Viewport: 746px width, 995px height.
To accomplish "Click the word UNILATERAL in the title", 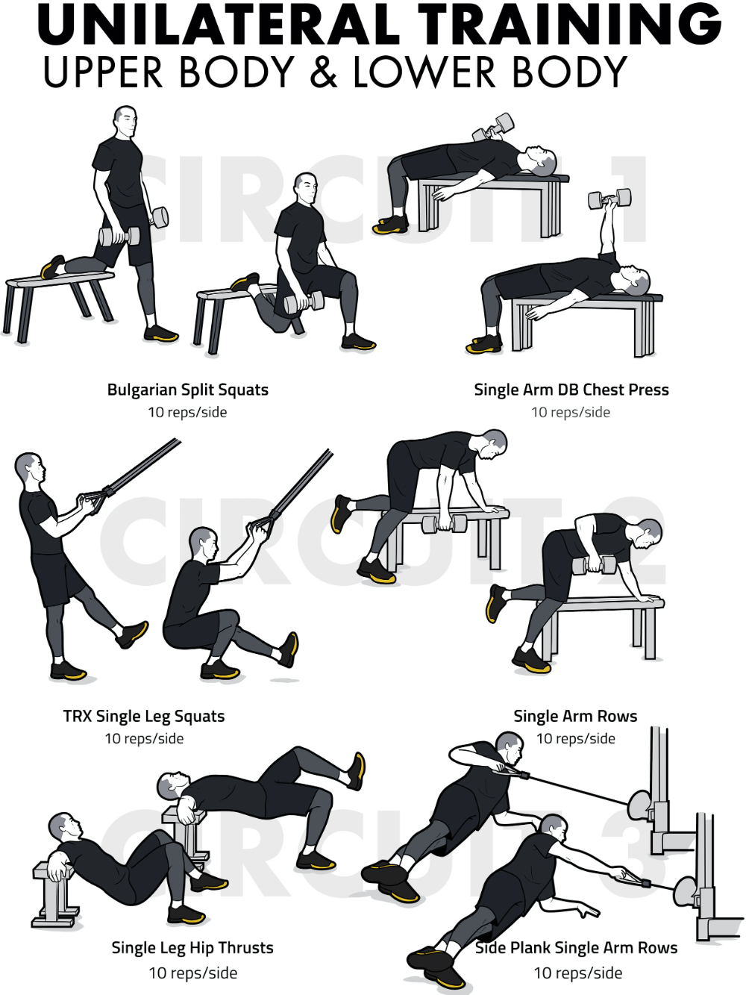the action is point(219,24).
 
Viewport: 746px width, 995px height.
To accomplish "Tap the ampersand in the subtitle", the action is point(324,72).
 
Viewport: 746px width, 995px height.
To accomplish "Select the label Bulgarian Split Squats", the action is point(187,390).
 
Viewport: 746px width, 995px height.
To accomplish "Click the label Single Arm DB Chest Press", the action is point(571,390).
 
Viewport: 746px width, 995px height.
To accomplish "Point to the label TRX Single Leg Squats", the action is point(143,717).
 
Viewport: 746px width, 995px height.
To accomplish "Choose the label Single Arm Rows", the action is point(575,716).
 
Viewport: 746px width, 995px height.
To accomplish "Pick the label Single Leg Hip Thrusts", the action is point(192,947).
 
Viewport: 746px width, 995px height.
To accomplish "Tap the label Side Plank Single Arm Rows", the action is point(576,947).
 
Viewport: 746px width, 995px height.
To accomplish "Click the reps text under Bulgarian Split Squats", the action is point(187,413).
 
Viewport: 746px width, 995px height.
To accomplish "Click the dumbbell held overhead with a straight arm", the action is point(609,199).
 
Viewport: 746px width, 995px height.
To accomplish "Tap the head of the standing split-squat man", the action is point(125,122).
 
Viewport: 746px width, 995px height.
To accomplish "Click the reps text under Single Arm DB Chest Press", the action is point(571,413).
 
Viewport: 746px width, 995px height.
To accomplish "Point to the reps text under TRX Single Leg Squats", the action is point(145,739).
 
